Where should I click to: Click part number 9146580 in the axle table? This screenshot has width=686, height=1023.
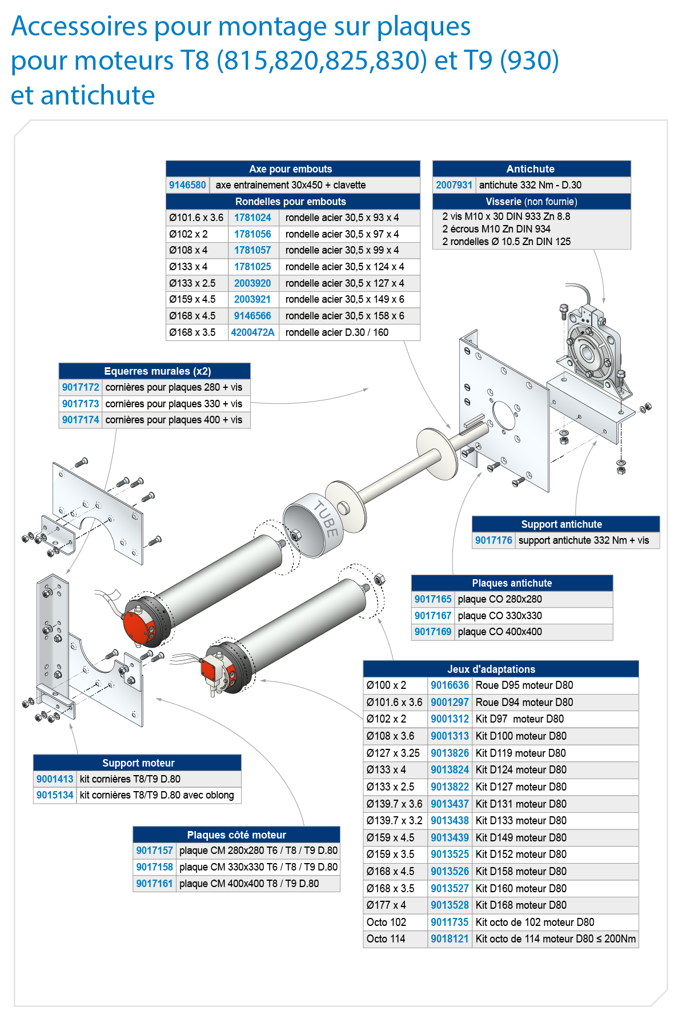tap(187, 185)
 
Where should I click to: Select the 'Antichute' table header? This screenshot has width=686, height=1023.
tap(531, 169)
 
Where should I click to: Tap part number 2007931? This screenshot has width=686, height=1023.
tap(454, 185)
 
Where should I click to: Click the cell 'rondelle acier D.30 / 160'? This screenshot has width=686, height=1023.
tap(337, 332)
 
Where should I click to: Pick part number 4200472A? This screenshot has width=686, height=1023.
tap(252, 332)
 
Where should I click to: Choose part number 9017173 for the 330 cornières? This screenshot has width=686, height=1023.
tap(81, 404)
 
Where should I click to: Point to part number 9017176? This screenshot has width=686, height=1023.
tap(494, 540)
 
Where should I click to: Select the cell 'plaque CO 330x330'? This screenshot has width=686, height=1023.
tap(500, 616)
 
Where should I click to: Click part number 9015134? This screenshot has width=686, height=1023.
tap(55, 795)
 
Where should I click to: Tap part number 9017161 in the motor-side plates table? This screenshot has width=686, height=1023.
tap(154, 884)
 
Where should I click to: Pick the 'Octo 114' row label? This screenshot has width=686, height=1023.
tap(386, 939)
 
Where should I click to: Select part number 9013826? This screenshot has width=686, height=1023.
tap(450, 753)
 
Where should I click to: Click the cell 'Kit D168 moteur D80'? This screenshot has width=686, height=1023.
tap(521, 905)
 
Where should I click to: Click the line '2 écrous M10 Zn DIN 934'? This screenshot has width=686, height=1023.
tap(496, 229)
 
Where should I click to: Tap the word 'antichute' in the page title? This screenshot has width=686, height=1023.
tap(98, 95)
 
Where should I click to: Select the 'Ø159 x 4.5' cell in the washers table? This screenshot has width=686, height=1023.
tap(192, 299)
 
